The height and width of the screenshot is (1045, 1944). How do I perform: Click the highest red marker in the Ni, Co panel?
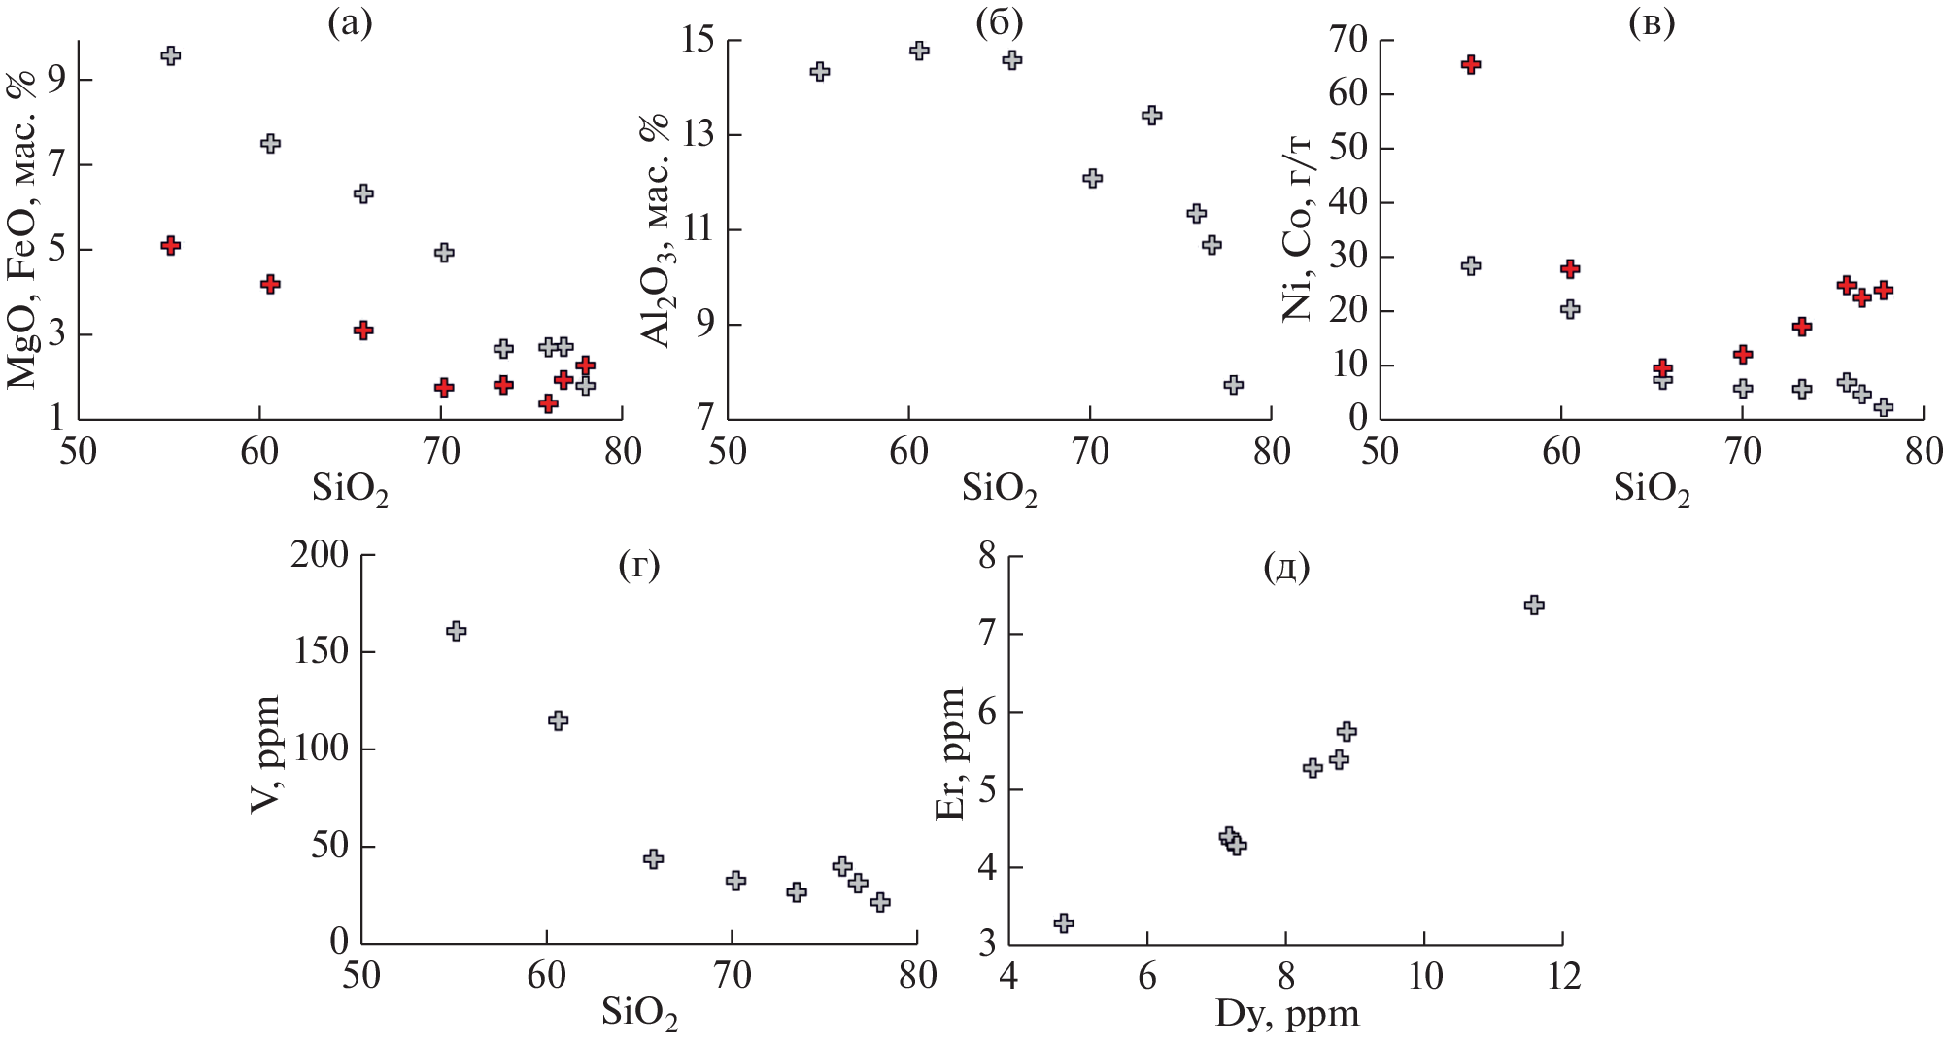click(1470, 64)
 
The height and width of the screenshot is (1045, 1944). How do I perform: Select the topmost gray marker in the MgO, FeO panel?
click(170, 55)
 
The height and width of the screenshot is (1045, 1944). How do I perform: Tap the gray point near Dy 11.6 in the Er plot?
click(1534, 605)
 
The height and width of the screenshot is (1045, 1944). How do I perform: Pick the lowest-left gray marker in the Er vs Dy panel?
click(1064, 923)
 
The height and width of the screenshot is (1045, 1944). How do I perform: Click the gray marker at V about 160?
click(456, 631)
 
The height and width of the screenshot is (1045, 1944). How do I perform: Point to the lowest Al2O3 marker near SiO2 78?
click(1234, 384)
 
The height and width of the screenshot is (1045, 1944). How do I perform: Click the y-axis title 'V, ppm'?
click(265, 753)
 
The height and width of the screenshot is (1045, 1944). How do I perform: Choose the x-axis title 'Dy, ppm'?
click(1287, 1015)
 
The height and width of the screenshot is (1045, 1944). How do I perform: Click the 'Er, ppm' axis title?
click(950, 753)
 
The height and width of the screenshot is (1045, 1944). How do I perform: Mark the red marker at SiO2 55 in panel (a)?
click(170, 245)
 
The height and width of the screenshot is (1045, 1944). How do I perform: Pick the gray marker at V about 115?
click(558, 720)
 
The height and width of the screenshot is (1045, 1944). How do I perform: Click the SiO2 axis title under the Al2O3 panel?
click(1000, 489)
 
